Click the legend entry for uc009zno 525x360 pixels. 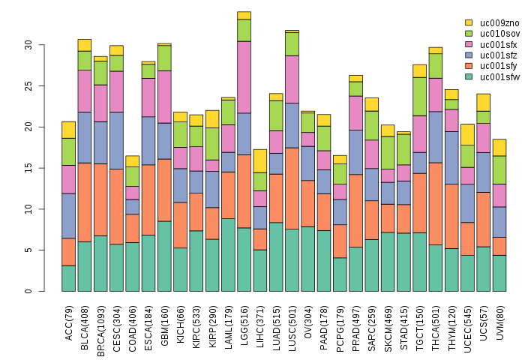(x=492, y=23)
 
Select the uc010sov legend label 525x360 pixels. (x=492, y=34)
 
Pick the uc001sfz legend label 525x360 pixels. (x=492, y=55)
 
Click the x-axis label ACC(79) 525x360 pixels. (x=69, y=320)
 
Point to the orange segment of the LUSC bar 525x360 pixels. (x=292, y=188)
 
